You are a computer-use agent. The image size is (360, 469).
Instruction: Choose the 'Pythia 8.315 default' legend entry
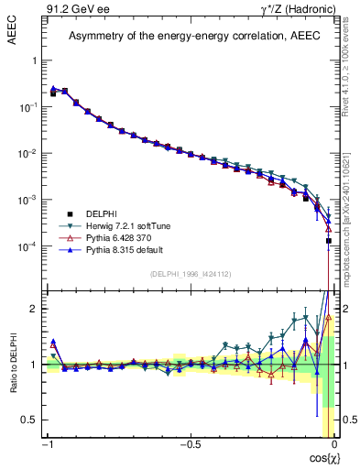point(124,249)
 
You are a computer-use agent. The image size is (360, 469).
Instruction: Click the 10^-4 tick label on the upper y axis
point(27,246)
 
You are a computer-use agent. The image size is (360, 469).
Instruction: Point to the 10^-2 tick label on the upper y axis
point(27,153)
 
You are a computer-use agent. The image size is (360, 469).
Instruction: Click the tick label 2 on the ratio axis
point(33,309)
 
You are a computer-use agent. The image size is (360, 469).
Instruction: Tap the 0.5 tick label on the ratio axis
point(29,420)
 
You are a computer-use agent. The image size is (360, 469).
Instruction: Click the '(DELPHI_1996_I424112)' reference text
point(191,273)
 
